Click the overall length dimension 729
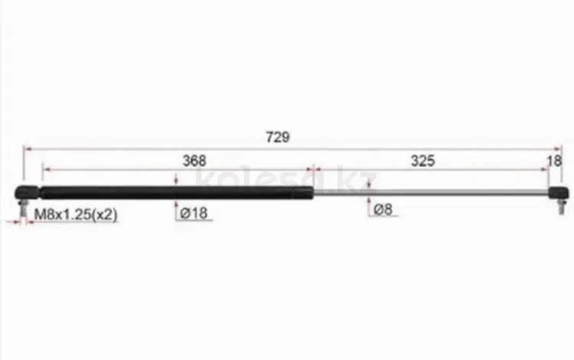(278, 137)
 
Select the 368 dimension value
(194, 161)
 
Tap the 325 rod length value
(422, 161)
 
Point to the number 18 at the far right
(554, 161)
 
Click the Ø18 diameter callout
(194, 213)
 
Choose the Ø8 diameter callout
(383, 209)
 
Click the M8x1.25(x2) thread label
(76, 214)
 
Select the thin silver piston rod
(431, 192)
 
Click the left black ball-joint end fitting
(26, 192)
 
